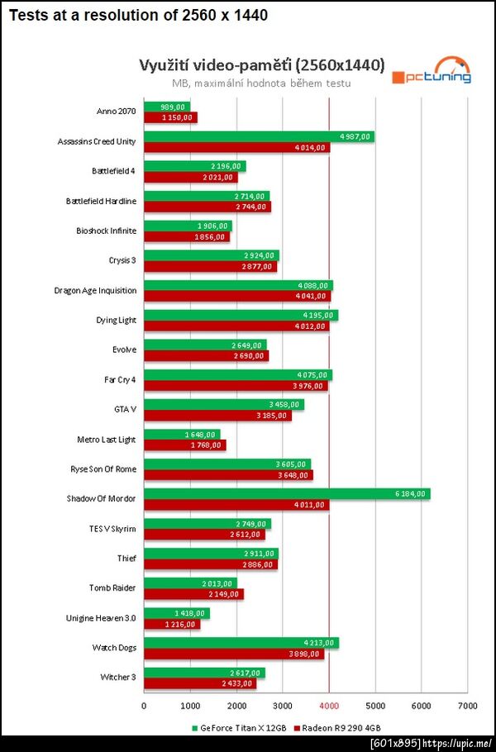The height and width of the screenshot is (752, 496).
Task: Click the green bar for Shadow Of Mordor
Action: point(286,493)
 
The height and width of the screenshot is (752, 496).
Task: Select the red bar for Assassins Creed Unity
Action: point(236,147)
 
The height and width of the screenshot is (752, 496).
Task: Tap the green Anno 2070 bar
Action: point(166,107)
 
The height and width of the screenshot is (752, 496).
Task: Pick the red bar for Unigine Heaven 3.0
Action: point(171,624)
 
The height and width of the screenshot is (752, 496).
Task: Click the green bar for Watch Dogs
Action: point(241,643)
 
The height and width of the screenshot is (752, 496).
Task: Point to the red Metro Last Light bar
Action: point(184,445)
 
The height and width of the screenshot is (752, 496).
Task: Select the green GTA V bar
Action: point(223,404)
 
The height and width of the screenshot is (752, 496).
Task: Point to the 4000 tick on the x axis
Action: point(329,706)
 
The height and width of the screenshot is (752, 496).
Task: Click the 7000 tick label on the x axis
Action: point(467,706)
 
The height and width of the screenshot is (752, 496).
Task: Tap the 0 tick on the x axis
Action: point(144,706)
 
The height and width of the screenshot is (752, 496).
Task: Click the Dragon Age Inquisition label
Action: point(95,290)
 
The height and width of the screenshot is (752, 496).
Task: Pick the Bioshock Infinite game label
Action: point(106,231)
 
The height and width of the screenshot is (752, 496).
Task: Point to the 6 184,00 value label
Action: point(410,493)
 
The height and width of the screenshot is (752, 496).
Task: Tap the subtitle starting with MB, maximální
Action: point(261,83)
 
